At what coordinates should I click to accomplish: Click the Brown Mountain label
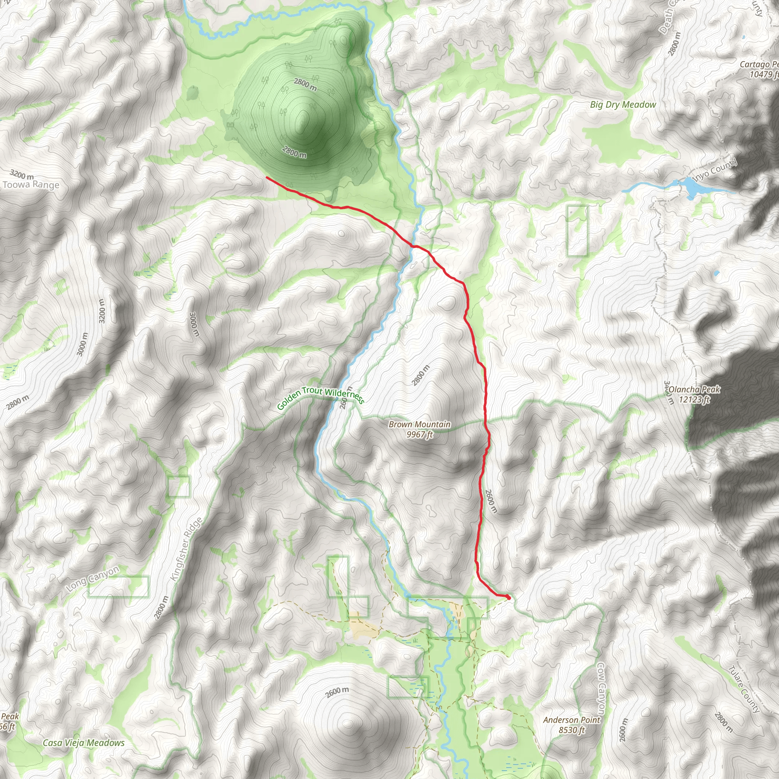(419, 424)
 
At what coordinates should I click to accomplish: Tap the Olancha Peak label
(694, 389)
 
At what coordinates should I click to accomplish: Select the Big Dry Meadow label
(623, 105)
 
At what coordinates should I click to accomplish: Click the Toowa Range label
(31, 185)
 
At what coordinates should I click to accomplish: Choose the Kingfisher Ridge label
(186, 549)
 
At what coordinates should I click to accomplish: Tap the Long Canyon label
(92, 579)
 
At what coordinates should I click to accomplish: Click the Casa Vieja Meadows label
(83, 743)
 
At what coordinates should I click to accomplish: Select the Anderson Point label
(571, 720)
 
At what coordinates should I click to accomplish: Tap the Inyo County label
(714, 170)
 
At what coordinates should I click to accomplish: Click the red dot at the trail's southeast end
(509, 598)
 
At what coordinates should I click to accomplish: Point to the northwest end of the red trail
(267, 177)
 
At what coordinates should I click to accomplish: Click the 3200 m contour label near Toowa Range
(22, 175)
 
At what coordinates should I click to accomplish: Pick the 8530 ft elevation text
(571, 730)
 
